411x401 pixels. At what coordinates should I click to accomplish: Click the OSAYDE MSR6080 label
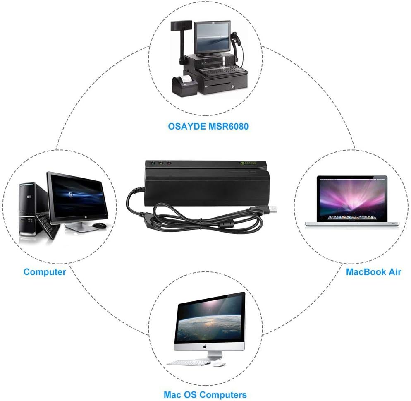point(208,126)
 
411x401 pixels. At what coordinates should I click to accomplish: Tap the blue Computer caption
point(45,272)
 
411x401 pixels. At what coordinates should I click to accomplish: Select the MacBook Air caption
point(373,272)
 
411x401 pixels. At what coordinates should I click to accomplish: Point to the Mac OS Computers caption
point(205,394)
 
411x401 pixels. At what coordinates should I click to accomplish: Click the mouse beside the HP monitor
point(98,226)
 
